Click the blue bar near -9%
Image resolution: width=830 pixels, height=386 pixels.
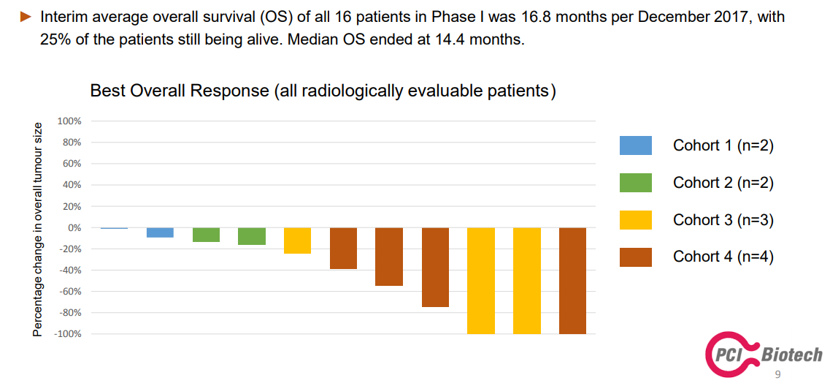(x=160, y=232)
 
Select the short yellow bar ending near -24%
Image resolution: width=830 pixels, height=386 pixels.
(x=298, y=241)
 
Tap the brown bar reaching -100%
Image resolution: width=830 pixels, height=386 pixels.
(x=572, y=281)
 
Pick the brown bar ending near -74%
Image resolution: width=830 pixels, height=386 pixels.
(x=435, y=268)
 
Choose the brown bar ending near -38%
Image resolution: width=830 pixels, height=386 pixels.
(x=344, y=248)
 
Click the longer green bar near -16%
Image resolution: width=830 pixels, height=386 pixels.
(x=251, y=236)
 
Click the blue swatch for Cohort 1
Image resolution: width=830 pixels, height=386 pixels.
(x=636, y=145)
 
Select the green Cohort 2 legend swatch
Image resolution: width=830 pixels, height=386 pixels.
(x=636, y=182)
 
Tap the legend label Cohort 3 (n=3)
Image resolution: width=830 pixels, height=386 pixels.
(x=723, y=220)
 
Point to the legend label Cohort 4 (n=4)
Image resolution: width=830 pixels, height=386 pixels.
(x=723, y=257)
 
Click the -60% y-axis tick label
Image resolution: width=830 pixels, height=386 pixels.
(x=69, y=292)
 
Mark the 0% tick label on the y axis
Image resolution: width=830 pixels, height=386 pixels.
(x=74, y=228)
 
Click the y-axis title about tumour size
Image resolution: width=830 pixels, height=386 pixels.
(x=37, y=227)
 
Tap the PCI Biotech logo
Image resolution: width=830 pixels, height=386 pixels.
(x=764, y=352)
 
